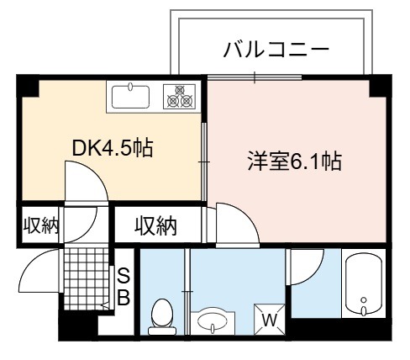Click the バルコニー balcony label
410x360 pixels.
pyautogui.click(x=276, y=50)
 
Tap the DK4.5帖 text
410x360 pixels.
pyautogui.click(x=113, y=148)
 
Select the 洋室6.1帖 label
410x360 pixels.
pyautogui.click(x=294, y=161)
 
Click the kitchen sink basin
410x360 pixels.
pyautogui.click(x=130, y=97)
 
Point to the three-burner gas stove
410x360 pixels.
pyautogui.click(x=179, y=97)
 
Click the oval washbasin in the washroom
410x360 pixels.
pyautogui.click(x=213, y=320)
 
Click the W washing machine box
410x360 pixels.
pyautogui.click(x=270, y=320)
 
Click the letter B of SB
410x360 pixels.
pyautogui.click(x=124, y=298)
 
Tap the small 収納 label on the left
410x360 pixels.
pyautogui.click(x=41, y=225)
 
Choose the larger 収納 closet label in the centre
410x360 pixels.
pyautogui.click(x=155, y=225)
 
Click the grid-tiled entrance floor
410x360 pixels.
pyautogui.click(x=86, y=278)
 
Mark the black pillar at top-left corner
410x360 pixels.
pyautogui.click(x=28, y=86)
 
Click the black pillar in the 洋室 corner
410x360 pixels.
pyautogui.click(x=381, y=86)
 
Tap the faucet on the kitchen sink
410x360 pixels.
pyautogui.click(x=130, y=87)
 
